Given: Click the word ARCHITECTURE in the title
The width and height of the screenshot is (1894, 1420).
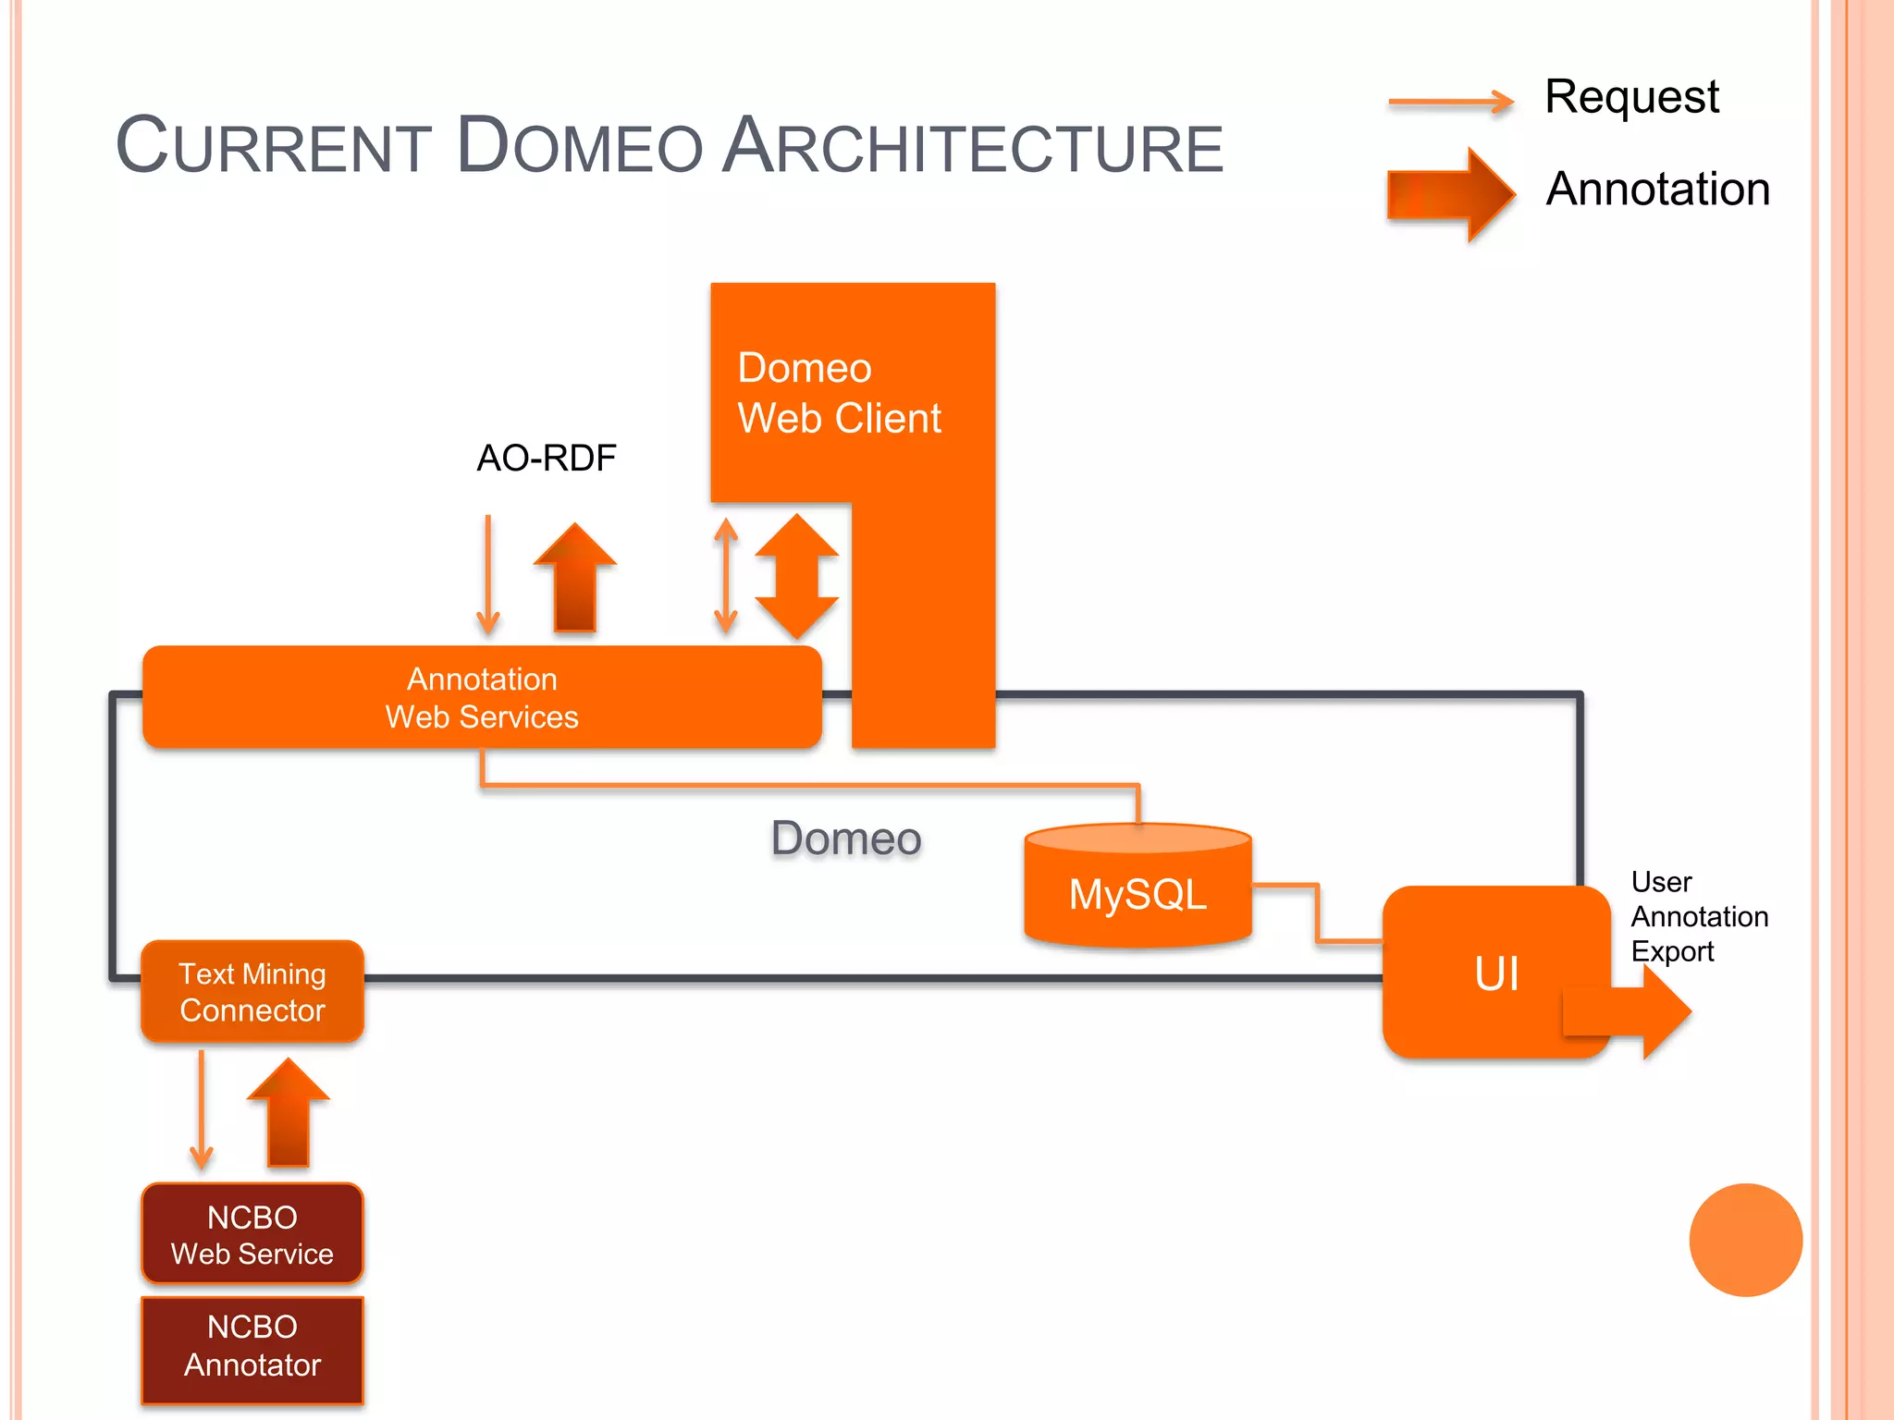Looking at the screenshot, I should click(972, 147).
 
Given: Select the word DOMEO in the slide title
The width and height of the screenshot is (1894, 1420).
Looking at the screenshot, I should click(580, 147).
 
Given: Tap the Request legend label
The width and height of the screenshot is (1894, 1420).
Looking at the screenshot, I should click(1631, 96).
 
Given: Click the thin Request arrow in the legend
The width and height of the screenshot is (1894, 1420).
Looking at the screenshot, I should click(1450, 102).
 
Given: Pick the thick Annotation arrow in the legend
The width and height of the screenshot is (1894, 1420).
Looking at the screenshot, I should click(1450, 194).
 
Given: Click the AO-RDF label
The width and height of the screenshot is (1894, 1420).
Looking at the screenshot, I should click(546, 458).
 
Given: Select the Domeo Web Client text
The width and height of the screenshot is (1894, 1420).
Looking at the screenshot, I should click(838, 393).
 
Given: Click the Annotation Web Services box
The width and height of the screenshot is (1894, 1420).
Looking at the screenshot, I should click(482, 697).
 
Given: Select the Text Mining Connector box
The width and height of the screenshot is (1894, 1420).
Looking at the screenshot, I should click(252, 991).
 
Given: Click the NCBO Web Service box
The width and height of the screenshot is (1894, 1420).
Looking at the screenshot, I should click(252, 1234).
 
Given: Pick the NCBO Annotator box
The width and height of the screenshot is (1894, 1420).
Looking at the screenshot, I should click(252, 1347).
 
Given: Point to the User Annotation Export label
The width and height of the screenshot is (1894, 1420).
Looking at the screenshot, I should click(1698, 916).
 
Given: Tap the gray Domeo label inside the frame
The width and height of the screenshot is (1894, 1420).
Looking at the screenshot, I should click(846, 839).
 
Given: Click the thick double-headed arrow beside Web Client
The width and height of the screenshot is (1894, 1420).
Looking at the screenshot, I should click(796, 577).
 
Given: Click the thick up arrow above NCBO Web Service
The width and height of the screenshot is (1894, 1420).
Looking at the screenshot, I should click(288, 1114).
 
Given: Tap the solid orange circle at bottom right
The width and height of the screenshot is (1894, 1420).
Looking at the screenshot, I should click(1744, 1240).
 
